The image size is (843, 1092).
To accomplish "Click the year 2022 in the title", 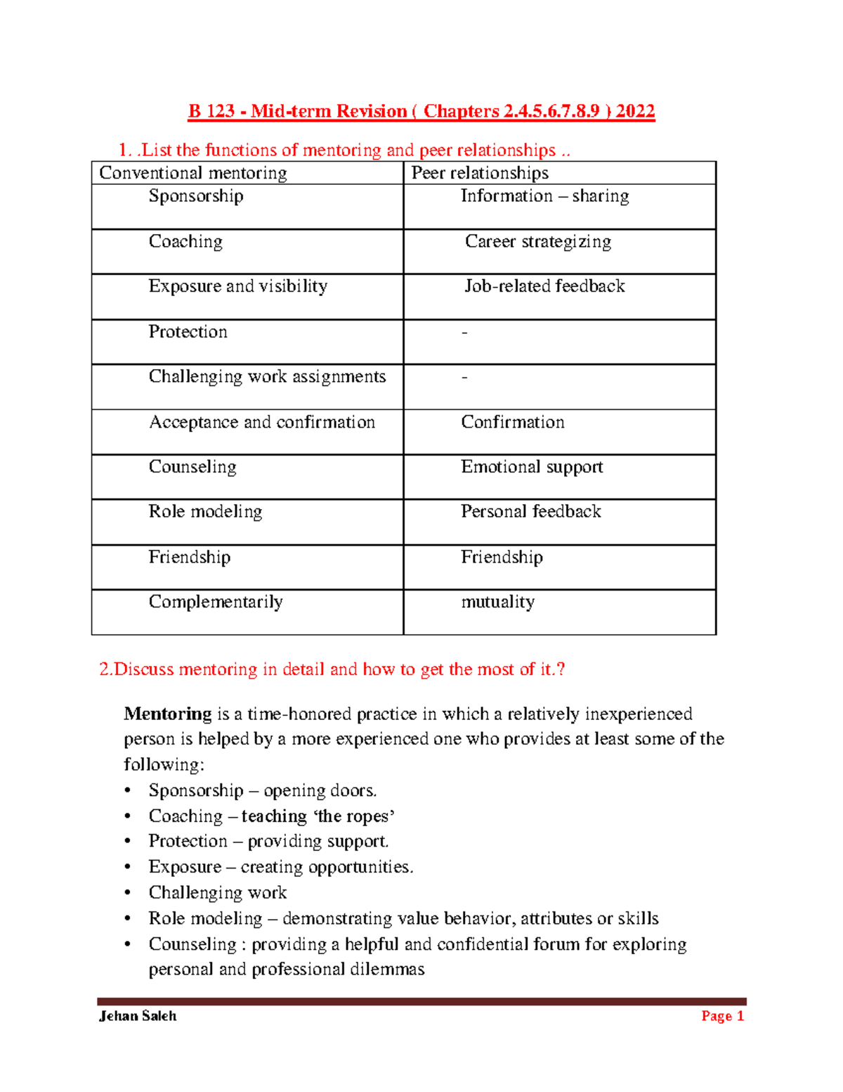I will coord(635,111).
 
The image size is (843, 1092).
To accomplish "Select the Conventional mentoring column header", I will coord(193,173).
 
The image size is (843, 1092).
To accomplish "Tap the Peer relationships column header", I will coord(480,173).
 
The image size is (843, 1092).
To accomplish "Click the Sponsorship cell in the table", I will coord(196,196).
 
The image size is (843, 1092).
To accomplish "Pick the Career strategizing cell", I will coord(538,242).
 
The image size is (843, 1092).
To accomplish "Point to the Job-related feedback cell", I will coord(544,286).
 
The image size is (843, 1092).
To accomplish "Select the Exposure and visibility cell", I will coord(237,286).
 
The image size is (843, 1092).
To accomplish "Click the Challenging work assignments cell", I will coord(267,377).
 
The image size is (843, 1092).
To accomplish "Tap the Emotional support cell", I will coord(532,467).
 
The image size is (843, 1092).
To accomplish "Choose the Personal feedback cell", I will coord(530,512).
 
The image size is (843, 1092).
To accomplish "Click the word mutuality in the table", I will coord(497,602).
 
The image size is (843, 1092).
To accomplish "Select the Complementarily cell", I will coord(216,602).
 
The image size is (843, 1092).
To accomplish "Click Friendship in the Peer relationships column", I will coord(502,557).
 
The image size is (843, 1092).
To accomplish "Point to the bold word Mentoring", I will coord(167,714).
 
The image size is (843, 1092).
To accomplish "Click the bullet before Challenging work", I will coord(127,893).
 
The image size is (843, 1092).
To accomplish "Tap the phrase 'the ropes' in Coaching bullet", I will coord(354,816).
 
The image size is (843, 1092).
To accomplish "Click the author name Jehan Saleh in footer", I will coord(138,1016).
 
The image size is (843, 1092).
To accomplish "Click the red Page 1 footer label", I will coord(722,1016).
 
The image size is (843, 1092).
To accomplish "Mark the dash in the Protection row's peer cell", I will coord(464,332).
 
